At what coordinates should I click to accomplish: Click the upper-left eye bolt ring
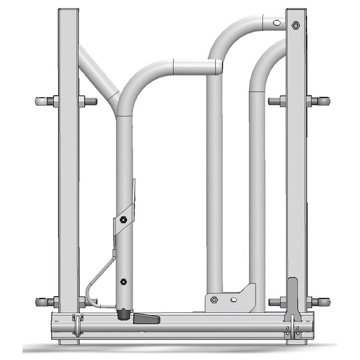pyautogui.click(x=41, y=101)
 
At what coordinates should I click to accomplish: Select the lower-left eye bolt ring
pyautogui.click(x=41, y=302)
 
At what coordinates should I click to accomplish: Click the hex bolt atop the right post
pyautogui.click(x=295, y=25)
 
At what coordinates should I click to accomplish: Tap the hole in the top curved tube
pyautogui.click(x=276, y=22)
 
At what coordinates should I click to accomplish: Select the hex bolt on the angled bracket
pyautogui.click(x=122, y=220)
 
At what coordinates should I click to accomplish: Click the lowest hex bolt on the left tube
pyautogui.click(x=122, y=282)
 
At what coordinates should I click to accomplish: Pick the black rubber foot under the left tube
pyautogui.click(x=123, y=314)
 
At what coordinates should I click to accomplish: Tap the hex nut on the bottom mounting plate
pyautogui.click(x=214, y=300)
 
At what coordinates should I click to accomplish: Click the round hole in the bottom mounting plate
pyautogui.click(x=233, y=300)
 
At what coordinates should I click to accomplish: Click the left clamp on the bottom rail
pyautogui.click(x=78, y=325)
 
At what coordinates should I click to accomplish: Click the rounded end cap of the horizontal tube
pyautogui.click(x=219, y=67)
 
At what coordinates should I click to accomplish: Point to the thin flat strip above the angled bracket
pyautogui.click(x=134, y=191)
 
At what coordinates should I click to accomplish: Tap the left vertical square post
pyautogui.click(x=68, y=180)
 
